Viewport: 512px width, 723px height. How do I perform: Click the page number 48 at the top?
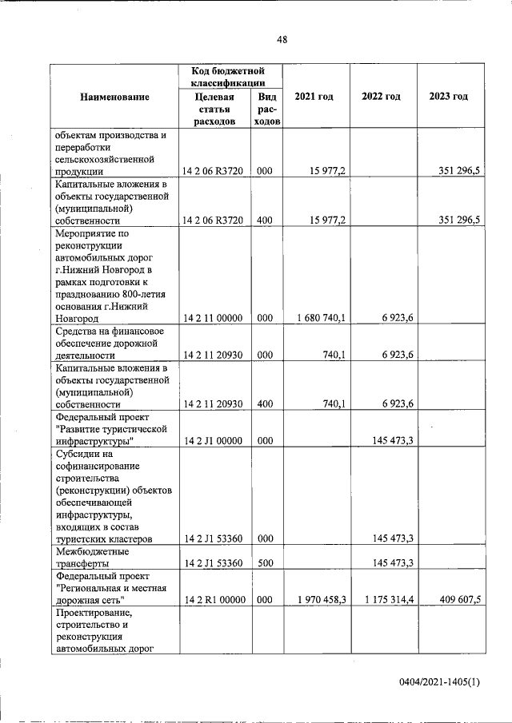pyautogui.click(x=282, y=40)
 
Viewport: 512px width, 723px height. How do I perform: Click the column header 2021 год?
pyautogui.click(x=314, y=97)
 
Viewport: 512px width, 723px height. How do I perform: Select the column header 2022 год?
pyautogui.click(x=381, y=97)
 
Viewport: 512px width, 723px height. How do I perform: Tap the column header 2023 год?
pyautogui.click(x=448, y=97)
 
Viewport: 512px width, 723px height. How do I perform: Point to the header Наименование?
pyautogui.click(x=114, y=97)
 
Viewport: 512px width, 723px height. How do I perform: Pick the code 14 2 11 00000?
pyautogui.click(x=213, y=318)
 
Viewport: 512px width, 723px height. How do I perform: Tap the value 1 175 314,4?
pyautogui.click(x=386, y=599)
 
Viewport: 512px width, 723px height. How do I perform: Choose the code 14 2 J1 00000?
pyautogui.click(x=213, y=440)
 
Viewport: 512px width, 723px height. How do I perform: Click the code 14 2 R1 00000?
pyautogui.click(x=213, y=599)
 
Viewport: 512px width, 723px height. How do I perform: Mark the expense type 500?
pyautogui.click(x=265, y=562)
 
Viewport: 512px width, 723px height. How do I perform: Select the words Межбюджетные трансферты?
pyautogui.click(x=93, y=557)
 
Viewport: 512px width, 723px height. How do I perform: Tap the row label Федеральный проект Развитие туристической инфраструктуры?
pyautogui.click(x=111, y=428)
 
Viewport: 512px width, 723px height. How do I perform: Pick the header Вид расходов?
pyautogui.click(x=266, y=109)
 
